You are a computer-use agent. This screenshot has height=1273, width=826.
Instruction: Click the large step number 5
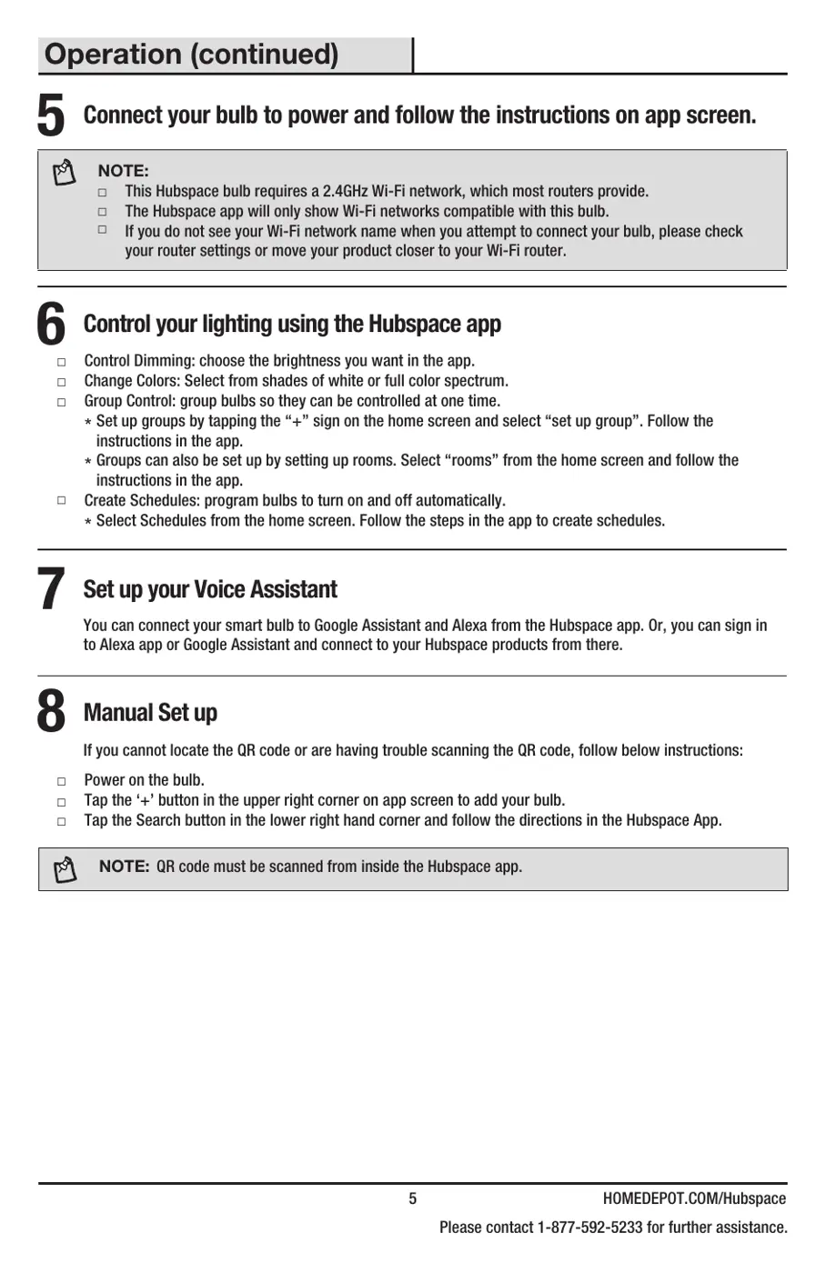pos(51,117)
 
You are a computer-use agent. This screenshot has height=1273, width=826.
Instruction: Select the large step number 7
pos(51,589)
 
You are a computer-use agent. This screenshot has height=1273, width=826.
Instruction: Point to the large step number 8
pos(51,712)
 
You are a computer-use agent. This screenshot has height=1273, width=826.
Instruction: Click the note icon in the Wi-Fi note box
pos(64,172)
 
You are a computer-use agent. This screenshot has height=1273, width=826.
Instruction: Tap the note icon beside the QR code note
pos(65,869)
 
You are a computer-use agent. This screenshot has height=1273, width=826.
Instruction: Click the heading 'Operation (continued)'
pos(191,55)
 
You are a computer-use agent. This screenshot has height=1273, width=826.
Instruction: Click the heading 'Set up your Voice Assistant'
pos(210,589)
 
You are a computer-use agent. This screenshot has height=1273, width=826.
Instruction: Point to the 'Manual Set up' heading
pos(150,713)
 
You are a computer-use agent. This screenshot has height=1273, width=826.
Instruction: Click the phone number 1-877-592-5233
pos(589,1228)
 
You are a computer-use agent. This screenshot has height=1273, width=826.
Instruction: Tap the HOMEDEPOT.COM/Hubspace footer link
pos(694,1198)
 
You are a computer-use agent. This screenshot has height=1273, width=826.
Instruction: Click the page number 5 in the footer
pos(412,1198)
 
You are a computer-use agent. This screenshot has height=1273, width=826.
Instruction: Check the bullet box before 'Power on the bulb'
pos(62,781)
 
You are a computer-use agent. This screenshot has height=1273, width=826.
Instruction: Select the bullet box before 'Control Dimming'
pos(62,362)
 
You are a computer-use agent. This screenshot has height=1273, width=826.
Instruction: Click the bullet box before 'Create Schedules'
pos(62,500)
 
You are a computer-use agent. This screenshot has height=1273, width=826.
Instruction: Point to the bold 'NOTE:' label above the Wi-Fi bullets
pos(123,171)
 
